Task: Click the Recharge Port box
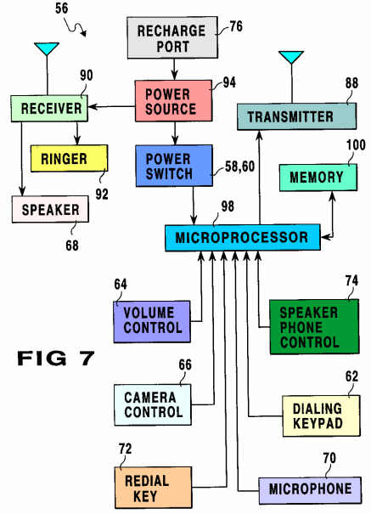point(172,37)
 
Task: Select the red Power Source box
point(173,100)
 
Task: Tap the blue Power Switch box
point(174,166)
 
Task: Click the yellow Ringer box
point(69,158)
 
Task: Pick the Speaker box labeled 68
point(50,210)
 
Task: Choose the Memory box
point(318,178)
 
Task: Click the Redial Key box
point(154,488)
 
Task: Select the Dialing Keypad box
point(321,416)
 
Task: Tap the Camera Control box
point(153,405)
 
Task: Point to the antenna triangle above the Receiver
point(47,48)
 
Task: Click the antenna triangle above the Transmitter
point(291,57)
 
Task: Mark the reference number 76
point(236,26)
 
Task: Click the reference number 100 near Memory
point(356,145)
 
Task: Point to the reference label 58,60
point(239,167)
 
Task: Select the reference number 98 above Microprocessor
point(228,206)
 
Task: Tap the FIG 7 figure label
point(56,358)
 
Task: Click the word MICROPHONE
point(311,489)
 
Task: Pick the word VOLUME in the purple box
point(149,313)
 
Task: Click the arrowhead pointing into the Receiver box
point(93,106)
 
